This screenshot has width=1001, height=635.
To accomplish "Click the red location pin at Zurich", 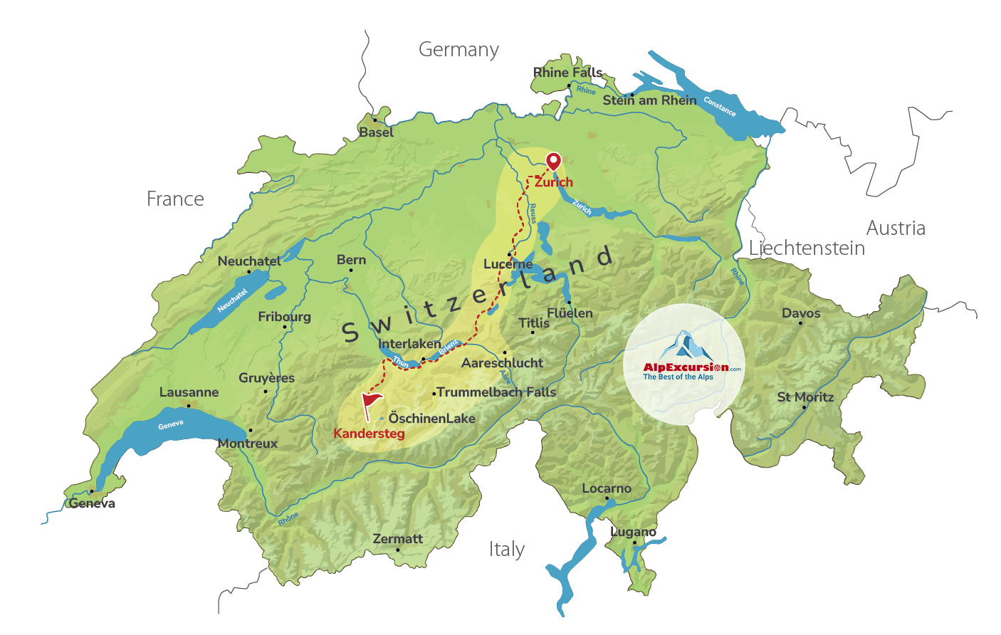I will click(553, 161).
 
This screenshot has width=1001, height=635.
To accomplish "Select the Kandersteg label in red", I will click(369, 434).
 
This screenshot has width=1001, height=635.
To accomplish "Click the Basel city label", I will click(376, 132).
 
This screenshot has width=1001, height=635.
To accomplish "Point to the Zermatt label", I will click(398, 539).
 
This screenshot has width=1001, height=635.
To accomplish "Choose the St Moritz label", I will click(805, 397).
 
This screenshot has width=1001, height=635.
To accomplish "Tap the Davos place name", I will click(801, 313).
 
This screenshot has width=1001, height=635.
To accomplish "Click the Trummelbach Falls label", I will click(496, 392).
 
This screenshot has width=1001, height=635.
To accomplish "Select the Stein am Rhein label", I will click(649, 100).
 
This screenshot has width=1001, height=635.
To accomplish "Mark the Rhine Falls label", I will click(568, 73).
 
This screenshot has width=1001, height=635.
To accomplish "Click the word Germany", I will click(458, 50).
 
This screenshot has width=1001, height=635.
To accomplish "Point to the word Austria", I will click(896, 229).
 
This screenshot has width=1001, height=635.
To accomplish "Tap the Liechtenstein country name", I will click(807, 248).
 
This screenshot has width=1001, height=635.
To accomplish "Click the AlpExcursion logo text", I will click(686, 367).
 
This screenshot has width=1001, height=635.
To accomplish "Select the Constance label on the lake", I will click(720, 106).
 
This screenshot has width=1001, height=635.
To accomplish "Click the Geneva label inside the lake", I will click(171, 425).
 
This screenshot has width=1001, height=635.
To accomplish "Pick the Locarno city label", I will click(607, 489).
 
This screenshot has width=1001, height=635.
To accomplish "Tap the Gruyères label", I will click(266, 378).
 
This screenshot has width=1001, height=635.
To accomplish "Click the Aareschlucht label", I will click(502, 363).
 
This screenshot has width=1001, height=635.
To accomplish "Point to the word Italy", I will click(506, 550).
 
